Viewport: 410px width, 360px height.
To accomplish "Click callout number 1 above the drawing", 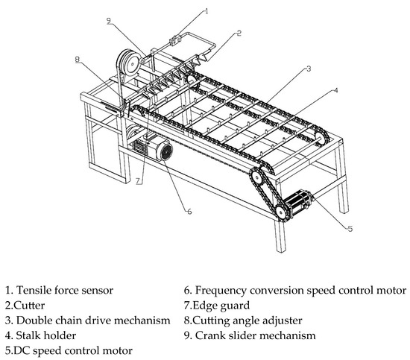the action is coord(206,11).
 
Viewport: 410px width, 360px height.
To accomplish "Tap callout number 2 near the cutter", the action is coord(239,34).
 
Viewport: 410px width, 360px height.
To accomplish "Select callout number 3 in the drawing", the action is coord(309,69).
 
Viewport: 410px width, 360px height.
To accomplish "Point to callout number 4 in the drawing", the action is coord(335,90).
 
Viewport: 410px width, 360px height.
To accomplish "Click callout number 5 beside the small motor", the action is coord(350,229).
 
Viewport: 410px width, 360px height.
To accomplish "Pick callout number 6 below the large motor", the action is coord(189,211).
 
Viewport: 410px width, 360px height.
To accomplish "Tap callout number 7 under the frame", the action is coord(139,181).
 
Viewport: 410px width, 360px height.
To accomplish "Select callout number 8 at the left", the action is coord(77,60).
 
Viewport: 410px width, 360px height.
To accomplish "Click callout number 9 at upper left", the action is coord(109,21).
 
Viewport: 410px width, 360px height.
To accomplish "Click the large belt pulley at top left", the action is coord(128,63).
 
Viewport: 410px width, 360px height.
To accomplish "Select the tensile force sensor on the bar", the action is coord(175,40).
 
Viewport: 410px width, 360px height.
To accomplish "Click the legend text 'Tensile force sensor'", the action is coord(65,290).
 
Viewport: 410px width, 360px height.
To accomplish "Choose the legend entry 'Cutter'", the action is coord(25,306).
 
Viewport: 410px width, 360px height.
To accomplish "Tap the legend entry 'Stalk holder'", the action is coord(40,335).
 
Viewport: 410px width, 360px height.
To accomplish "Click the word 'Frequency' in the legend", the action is coord(221,291).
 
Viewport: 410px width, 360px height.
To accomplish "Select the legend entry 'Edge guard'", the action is coord(217,306).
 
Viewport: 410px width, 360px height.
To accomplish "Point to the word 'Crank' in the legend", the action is coord(208,335).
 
